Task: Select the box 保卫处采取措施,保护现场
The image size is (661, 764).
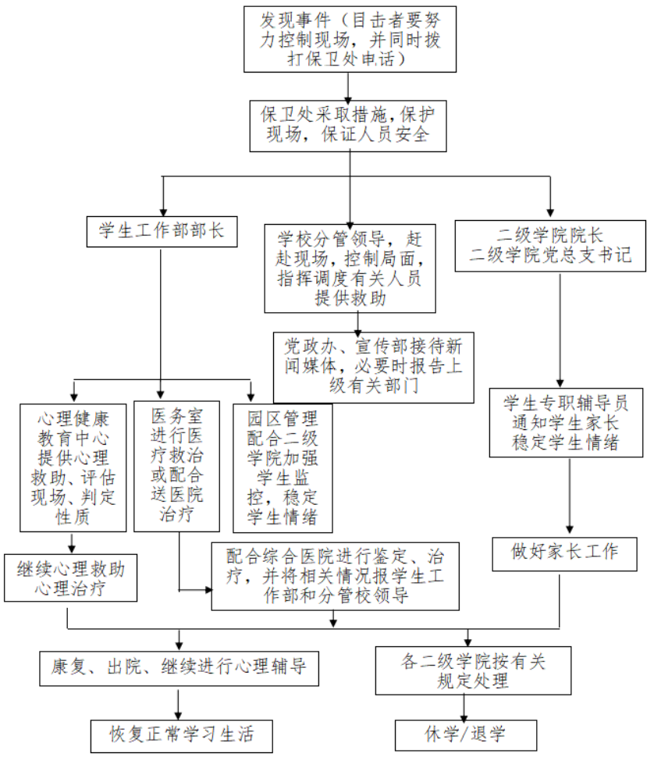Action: [x=349, y=124]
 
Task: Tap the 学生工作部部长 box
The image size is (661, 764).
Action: [x=162, y=230]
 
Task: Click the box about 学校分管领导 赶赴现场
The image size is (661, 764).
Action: [x=349, y=267]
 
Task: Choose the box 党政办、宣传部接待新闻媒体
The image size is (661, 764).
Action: [x=373, y=367]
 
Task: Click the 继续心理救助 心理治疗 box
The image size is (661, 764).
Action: [x=70, y=577]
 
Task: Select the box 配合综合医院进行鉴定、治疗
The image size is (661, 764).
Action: [x=335, y=576]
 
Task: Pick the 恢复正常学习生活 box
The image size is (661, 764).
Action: [x=180, y=735]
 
